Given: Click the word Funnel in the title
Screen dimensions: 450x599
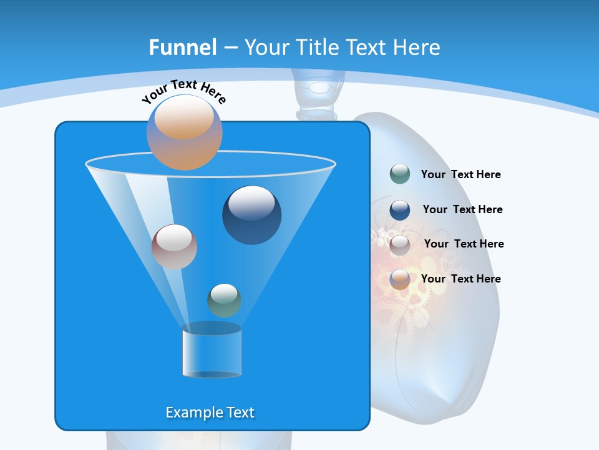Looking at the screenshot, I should [x=183, y=47].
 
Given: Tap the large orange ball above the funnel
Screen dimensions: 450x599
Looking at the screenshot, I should [x=185, y=132].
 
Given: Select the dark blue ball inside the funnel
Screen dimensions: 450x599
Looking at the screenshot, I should [x=252, y=215].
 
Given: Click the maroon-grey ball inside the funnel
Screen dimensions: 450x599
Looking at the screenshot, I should [x=174, y=247].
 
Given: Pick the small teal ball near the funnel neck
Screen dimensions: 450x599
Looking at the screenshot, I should [x=224, y=301].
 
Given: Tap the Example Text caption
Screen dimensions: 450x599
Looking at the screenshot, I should [x=210, y=412].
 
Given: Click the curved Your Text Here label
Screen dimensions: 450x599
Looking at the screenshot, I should [x=183, y=91].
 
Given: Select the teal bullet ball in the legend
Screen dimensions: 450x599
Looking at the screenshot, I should [x=400, y=174].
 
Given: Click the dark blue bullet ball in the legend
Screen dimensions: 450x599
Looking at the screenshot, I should [x=400, y=209].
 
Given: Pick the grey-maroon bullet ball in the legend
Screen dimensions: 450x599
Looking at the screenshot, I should [x=400, y=244].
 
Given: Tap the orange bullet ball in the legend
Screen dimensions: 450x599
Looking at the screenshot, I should [x=400, y=279].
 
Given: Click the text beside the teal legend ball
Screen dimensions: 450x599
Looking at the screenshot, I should [x=460, y=174].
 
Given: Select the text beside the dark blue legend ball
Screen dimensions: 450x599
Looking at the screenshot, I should [x=462, y=209].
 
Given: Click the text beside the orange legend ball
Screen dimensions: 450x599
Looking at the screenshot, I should [x=460, y=279].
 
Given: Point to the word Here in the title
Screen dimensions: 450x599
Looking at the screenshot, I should [x=417, y=47].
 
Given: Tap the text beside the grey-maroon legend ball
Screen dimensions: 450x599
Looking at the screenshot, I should [x=464, y=244].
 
